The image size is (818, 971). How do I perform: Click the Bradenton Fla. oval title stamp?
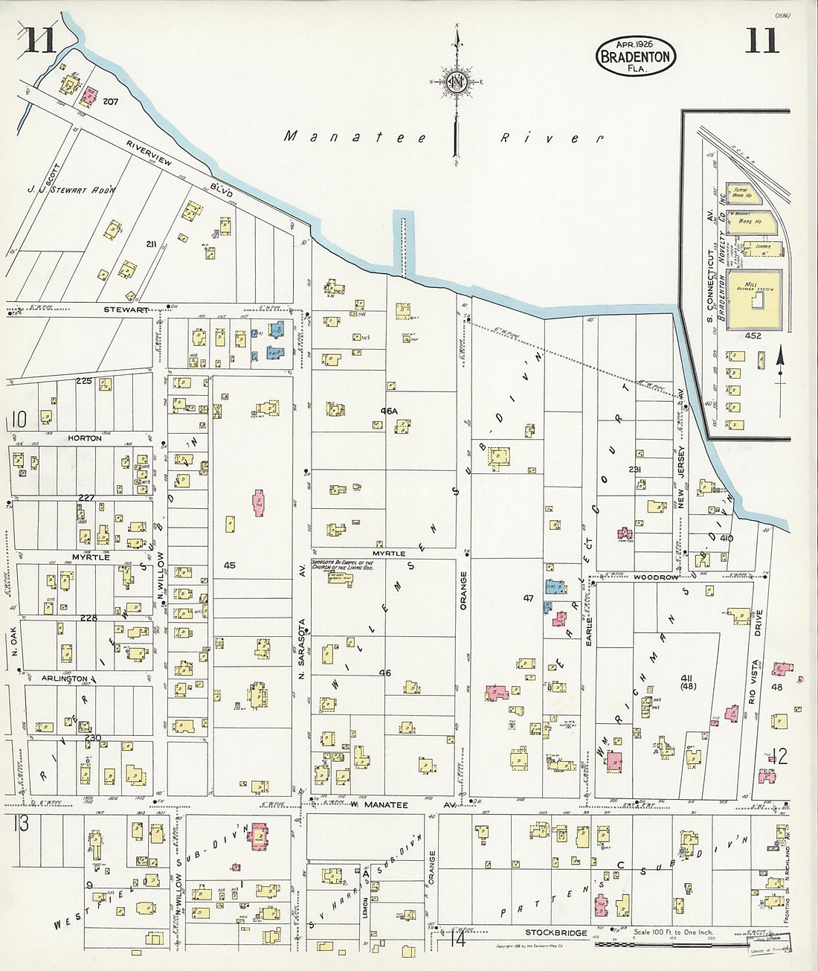635,56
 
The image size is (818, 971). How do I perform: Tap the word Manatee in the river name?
355,137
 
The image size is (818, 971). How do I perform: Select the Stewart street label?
126,310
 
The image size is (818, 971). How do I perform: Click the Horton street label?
85,438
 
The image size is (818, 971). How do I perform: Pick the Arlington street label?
65,679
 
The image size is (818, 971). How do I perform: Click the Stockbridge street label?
555,932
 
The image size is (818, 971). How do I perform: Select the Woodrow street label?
656,577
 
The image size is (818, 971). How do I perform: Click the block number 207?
111,101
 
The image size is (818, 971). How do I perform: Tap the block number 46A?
389,410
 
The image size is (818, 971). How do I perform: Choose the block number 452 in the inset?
753,336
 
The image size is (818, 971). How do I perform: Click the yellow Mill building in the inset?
754,300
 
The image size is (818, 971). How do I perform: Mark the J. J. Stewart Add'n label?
72,190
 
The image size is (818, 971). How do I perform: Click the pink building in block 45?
259,503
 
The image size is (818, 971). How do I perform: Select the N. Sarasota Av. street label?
302,648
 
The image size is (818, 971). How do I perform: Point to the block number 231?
634,470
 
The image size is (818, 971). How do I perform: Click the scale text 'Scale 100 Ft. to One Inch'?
673,932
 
